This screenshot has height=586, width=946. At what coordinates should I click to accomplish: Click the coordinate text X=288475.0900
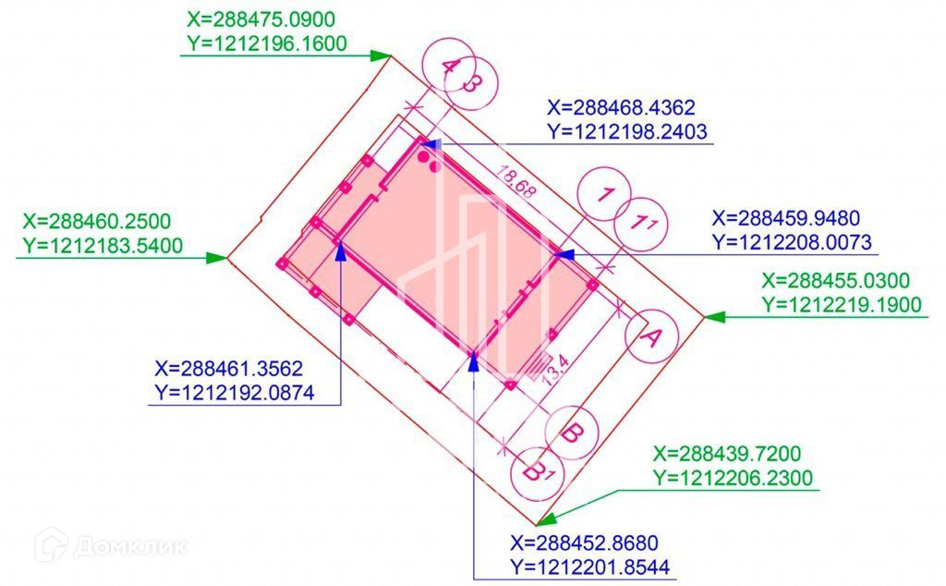click(x=261, y=19)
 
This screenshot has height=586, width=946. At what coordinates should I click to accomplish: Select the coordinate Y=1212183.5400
click(x=103, y=246)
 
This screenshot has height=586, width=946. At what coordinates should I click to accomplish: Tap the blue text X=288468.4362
click(x=622, y=107)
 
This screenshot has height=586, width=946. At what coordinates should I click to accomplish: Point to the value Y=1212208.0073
click(x=792, y=242)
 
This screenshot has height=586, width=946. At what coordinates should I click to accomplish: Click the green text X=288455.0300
click(x=835, y=281)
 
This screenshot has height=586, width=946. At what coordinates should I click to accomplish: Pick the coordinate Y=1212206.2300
click(x=733, y=477)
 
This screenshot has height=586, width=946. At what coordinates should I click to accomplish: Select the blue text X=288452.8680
click(x=585, y=543)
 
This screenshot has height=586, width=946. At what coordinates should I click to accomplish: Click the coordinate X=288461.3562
click(x=229, y=368)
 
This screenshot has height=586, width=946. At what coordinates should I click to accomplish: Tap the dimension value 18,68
click(x=515, y=181)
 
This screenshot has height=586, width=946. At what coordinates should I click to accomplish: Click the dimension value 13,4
click(x=555, y=370)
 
